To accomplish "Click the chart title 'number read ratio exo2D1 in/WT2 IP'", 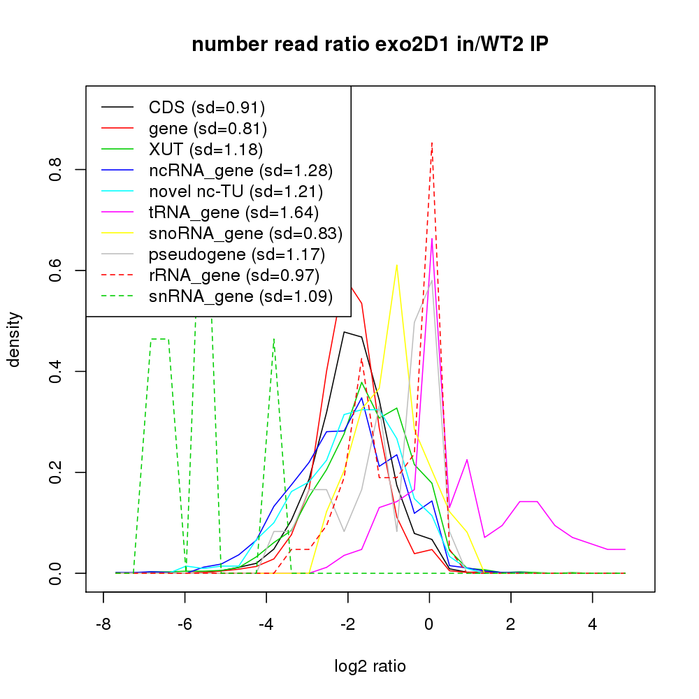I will pos(370,45).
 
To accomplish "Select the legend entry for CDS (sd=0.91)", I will pos(207,108).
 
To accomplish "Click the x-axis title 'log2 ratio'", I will pos(370,666).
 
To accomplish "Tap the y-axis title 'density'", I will pos(15,339).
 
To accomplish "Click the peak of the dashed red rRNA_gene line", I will pos(432,143).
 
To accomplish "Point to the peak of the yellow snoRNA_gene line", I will pos(396,265).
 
